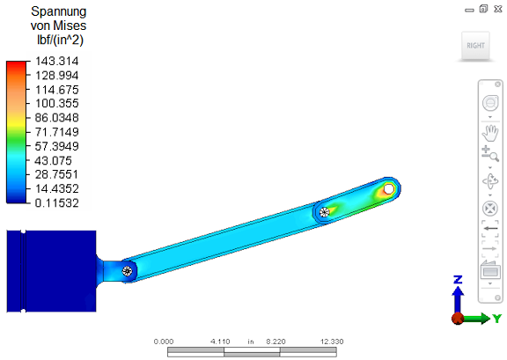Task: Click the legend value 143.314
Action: [57, 61]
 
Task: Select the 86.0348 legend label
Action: [57, 118]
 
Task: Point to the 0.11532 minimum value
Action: [57, 203]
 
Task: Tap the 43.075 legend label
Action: [54, 161]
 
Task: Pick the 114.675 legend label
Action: [57, 90]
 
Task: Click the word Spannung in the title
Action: [58, 11]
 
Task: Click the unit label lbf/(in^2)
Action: [61, 40]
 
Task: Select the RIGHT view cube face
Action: [475, 46]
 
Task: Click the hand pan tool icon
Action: [490, 133]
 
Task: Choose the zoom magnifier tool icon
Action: [490, 153]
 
